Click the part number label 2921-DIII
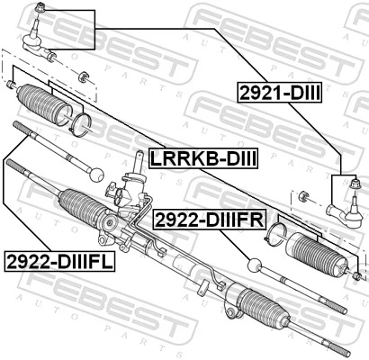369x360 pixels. tap(280, 93)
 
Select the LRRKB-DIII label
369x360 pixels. tap(202, 158)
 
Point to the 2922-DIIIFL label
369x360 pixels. tap(55, 262)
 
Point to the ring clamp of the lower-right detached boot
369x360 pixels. tap(278, 236)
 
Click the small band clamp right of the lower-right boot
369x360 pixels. tap(357, 274)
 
